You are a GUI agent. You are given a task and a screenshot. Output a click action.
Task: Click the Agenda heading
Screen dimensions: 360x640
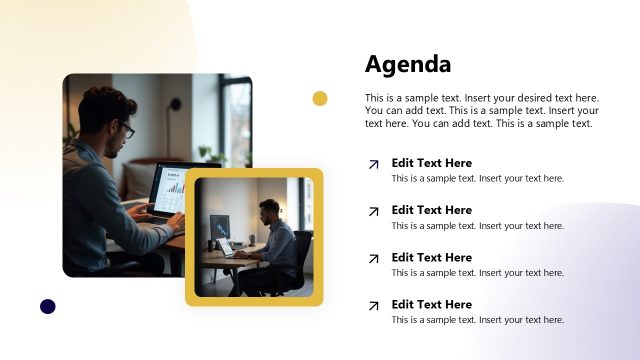point(408,64)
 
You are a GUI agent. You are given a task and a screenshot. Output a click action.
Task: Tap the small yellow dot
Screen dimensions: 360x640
point(320,98)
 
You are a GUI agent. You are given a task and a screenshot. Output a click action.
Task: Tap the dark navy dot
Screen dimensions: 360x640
point(47,306)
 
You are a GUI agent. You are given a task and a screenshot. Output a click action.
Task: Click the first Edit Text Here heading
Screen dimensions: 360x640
point(431,163)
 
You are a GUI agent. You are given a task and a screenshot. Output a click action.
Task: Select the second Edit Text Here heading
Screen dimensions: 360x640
point(431,210)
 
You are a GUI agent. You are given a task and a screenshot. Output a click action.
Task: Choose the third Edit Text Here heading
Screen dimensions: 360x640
point(431,257)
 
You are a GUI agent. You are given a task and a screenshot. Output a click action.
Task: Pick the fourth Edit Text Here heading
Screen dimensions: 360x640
point(431,304)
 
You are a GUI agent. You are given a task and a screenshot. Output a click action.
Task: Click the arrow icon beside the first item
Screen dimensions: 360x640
point(373,164)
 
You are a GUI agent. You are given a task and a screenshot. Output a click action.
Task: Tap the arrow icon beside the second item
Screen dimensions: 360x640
point(373,211)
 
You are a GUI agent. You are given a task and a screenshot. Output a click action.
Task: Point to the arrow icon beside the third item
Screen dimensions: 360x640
point(373,258)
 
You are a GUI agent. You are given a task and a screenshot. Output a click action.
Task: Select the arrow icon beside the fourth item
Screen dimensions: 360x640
point(373,305)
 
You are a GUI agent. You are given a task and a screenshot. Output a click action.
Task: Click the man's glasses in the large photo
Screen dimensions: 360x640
point(126,131)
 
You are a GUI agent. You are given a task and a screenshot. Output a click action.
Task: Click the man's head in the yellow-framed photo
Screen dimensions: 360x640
point(269,209)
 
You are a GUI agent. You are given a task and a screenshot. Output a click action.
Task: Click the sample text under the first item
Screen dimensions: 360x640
point(477,179)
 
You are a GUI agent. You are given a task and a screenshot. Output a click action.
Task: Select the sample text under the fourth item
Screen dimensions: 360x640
point(477,320)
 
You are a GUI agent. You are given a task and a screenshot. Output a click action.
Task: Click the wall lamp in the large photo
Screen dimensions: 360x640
point(175,102)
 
